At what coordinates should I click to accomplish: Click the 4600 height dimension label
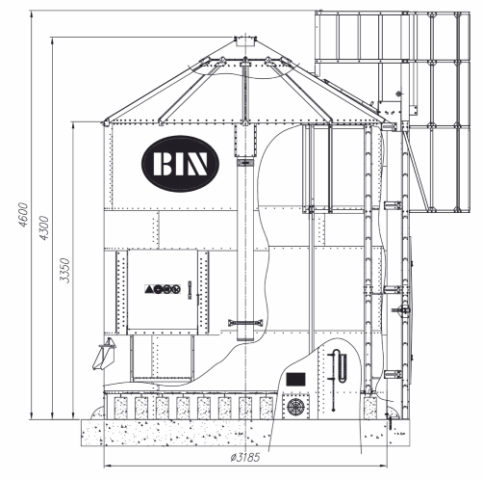23,215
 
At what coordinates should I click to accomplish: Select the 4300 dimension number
43,227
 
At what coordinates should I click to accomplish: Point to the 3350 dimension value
64,270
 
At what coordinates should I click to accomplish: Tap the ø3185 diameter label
245,457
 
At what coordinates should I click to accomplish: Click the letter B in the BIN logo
163,164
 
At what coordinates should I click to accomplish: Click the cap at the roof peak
245,41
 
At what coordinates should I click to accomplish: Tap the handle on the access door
190,290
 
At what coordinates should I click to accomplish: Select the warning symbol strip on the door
163,289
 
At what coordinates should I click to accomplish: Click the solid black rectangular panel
295,379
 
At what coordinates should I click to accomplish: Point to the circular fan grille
295,407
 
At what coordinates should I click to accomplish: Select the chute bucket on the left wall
104,354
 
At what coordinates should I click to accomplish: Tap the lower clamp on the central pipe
245,323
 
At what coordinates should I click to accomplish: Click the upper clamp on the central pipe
245,163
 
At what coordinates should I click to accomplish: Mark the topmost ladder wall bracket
393,205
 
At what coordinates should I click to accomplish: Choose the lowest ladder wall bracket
393,374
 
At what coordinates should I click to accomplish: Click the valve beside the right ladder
401,310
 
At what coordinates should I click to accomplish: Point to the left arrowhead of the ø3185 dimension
108,466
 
